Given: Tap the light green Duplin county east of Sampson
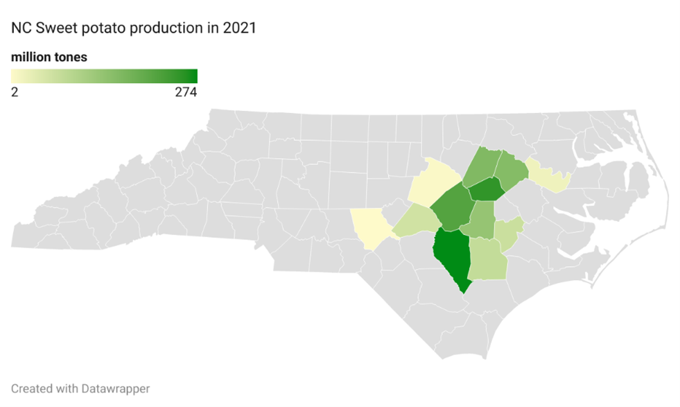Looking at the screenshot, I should pos(488,259).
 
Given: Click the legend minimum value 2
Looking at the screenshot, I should pos(15,92).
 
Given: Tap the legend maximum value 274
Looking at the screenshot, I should pos(186,92).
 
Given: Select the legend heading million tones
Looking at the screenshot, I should pos(49,57).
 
